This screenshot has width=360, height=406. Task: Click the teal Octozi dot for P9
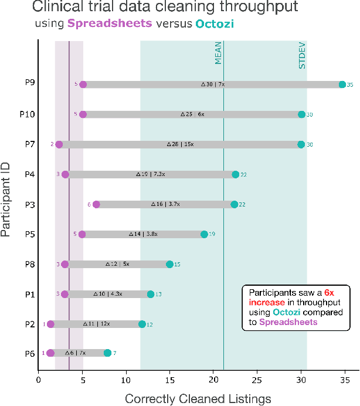(x=342, y=84)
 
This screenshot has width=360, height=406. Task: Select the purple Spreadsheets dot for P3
(x=96, y=204)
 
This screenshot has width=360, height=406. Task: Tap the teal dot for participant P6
(x=107, y=353)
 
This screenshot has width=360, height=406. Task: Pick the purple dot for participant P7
(x=59, y=144)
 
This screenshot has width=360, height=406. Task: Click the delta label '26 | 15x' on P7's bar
(x=180, y=144)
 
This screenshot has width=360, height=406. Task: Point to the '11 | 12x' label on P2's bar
(x=96, y=324)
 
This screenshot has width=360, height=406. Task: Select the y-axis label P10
(x=27, y=114)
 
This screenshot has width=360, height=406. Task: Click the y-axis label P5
(x=29, y=234)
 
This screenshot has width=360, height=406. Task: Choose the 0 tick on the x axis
(x=38, y=378)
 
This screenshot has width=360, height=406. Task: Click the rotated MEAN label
(x=219, y=53)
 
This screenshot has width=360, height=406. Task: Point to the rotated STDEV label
(x=303, y=56)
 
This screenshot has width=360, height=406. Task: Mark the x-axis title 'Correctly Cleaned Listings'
(x=198, y=398)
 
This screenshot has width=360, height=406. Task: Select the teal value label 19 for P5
(x=212, y=234)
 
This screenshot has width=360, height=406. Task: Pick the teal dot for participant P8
(x=169, y=264)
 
